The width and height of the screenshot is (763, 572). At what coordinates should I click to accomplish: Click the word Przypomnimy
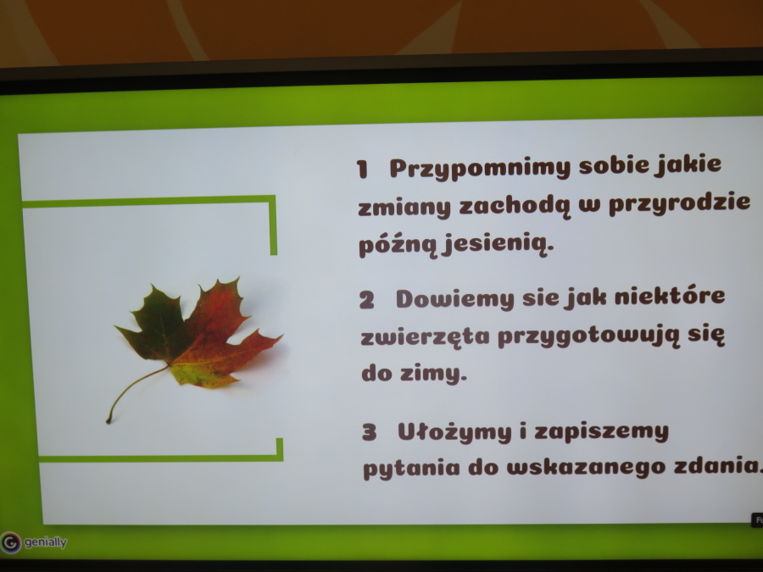(x=480, y=169)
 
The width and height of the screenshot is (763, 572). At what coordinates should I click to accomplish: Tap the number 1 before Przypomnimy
(x=362, y=169)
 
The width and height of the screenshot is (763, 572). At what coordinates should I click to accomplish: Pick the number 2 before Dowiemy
(x=367, y=300)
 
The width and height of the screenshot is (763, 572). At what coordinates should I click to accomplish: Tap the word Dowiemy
(x=455, y=299)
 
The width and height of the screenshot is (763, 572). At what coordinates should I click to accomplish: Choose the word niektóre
(x=670, y=296)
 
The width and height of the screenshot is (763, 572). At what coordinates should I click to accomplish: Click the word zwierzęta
(x=425, y=336)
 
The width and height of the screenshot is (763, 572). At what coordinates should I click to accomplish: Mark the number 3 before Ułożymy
(x=370, y=432)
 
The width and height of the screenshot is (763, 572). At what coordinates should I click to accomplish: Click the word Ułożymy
(x=454, y=432)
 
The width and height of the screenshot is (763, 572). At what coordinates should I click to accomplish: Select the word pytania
(x=411, y=469)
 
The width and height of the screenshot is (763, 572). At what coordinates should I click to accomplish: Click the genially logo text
(x=45, y=541)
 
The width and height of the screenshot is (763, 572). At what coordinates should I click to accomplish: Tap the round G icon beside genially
(x=11, y=542)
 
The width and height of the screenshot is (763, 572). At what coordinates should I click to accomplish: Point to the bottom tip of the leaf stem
(x=108, y=421)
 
